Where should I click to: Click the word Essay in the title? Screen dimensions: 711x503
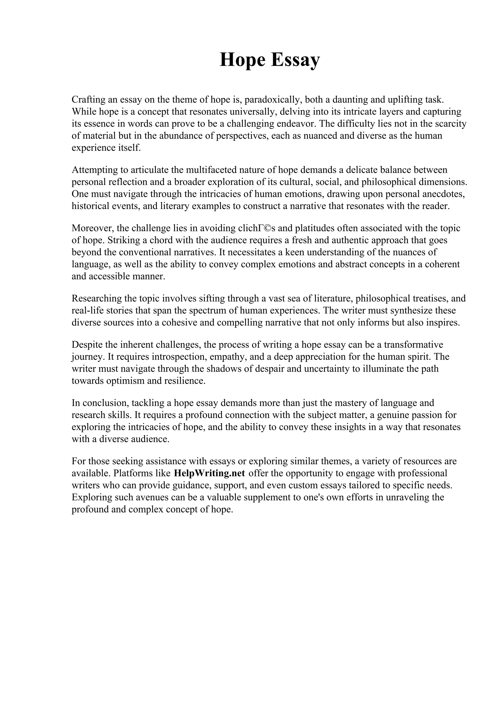pyautogui.click(x=295, y=60)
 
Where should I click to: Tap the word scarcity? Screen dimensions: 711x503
pyautogui.click(x=451, y=124)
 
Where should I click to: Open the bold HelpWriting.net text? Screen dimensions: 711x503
pyautogui.click(x=210, y=473)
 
